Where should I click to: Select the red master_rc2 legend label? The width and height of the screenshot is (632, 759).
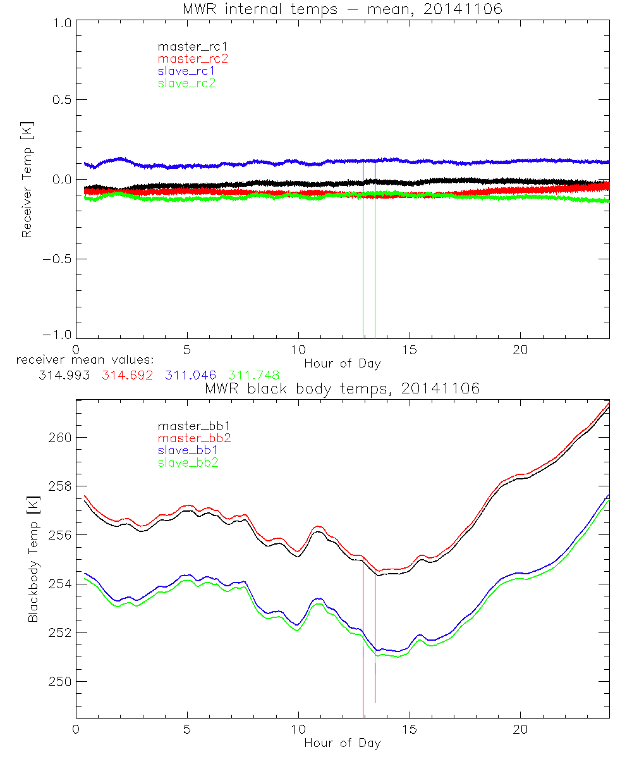192,58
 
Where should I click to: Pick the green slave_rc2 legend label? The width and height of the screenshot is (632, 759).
187,83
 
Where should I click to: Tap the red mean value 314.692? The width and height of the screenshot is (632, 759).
127,375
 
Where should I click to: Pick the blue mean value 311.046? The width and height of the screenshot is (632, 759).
191,375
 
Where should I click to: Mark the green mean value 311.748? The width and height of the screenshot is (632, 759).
254,375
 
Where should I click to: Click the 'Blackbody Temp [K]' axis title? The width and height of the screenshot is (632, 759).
33,558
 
